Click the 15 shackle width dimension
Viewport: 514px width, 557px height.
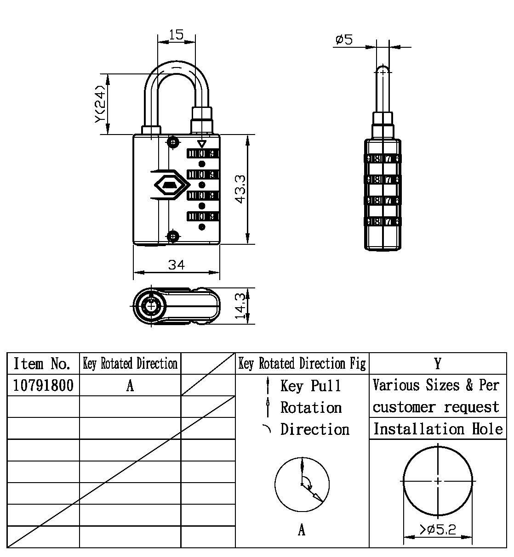click(176, 34)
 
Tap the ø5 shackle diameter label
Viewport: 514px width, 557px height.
click(344, 40)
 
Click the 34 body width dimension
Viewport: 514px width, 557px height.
click(176, 265)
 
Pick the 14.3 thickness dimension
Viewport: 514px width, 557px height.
click(240, 306)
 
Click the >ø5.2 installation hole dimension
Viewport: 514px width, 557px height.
click(437, 529)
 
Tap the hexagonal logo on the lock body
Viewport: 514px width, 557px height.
click(170, 185)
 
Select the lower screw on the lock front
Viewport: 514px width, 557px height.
click(173, 236)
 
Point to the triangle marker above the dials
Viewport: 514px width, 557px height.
click(201, 144)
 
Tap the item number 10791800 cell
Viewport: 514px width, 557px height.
click(43, 385)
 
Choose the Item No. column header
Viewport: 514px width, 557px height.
click(42, 364)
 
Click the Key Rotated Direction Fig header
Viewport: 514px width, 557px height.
click(302, 364)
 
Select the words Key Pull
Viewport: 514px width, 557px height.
click(311, 385)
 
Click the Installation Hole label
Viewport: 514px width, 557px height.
click(438, 429)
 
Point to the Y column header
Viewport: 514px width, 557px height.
click(437, 364)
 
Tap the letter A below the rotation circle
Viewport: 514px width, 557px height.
click(302, 530)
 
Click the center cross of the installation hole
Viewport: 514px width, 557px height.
click(438, 481)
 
